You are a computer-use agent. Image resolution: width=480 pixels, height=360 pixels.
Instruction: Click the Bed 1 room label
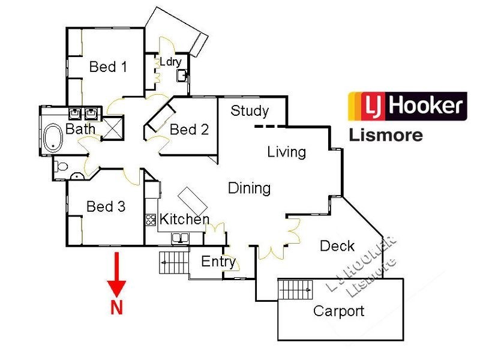coord(108,67)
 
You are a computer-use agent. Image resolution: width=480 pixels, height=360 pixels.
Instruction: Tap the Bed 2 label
coord(189,129)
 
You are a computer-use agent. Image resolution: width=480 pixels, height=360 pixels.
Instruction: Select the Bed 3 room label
coord(106,207)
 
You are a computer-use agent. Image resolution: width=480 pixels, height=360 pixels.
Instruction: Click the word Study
coord(250,111)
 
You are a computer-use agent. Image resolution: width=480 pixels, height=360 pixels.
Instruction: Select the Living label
coord(286,152)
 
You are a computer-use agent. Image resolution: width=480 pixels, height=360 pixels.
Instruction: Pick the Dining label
coord(249,188)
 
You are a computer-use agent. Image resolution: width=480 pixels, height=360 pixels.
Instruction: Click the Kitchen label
coord(184,220)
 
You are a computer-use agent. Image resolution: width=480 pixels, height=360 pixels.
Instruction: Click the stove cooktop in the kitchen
coord(151,220)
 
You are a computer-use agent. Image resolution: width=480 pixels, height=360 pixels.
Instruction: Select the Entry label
coord(218,262)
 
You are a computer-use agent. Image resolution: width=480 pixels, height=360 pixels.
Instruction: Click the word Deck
coord(337,246)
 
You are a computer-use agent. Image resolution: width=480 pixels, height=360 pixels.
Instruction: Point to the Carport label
coord(338,311)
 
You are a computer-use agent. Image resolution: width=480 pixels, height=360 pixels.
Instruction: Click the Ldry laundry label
coord(170,62)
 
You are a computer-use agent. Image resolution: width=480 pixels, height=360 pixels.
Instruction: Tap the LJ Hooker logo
coord(407,107)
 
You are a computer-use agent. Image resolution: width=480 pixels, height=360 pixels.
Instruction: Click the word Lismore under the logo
coord(386,134)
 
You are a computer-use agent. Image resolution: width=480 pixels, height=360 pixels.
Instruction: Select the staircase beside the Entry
coord(173,262)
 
